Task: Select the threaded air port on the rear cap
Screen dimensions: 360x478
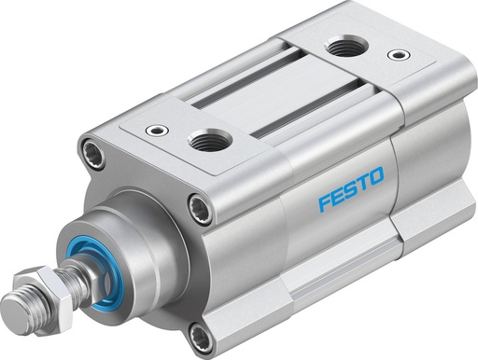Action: click(346, 47)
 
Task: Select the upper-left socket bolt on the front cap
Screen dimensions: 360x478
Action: click(91, 148)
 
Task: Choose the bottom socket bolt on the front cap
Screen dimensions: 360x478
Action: click(200, 333)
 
